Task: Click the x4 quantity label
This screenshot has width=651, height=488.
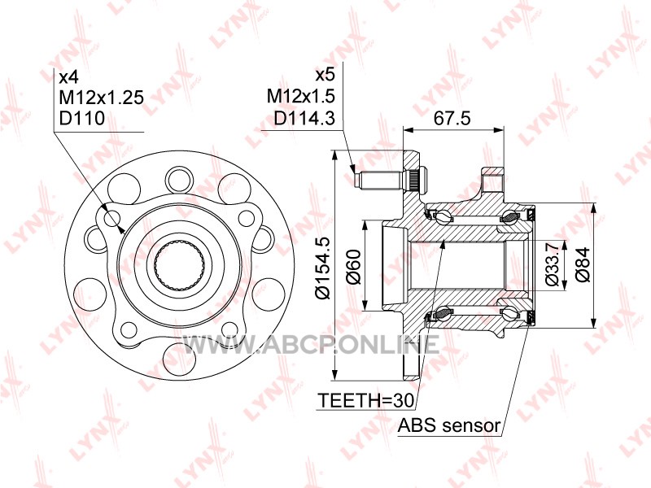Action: click(68, 76)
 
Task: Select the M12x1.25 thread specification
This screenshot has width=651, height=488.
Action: click(101, 98)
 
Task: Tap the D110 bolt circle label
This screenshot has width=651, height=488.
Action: click(82, 118)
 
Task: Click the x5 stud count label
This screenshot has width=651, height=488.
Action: click(325, 75)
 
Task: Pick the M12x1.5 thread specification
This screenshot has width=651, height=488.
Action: click(300, 96)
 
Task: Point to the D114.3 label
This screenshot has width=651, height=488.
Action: click(304, 118)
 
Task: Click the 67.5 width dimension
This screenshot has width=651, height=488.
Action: click(452, 118)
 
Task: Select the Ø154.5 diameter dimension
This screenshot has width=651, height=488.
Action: click(322, 268)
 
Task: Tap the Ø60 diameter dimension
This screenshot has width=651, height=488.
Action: click(353, 267)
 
